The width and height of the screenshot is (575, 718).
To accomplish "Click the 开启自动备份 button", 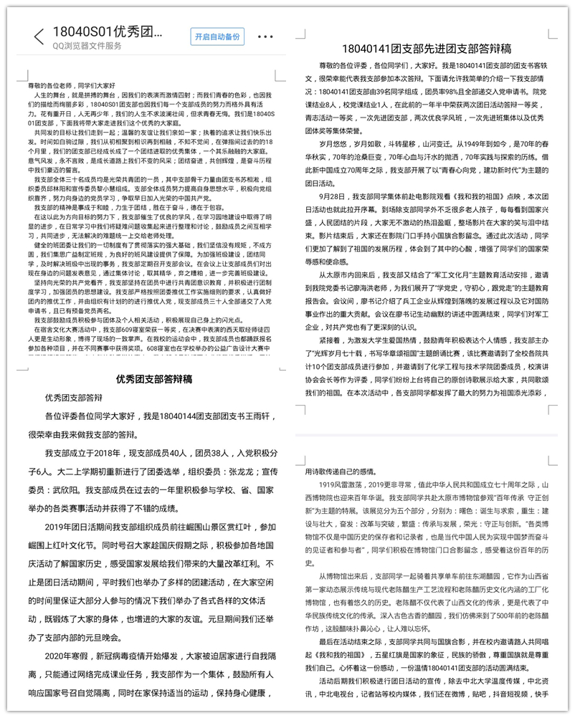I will pos(217,37).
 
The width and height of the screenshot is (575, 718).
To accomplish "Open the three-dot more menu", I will pos(265,37).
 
